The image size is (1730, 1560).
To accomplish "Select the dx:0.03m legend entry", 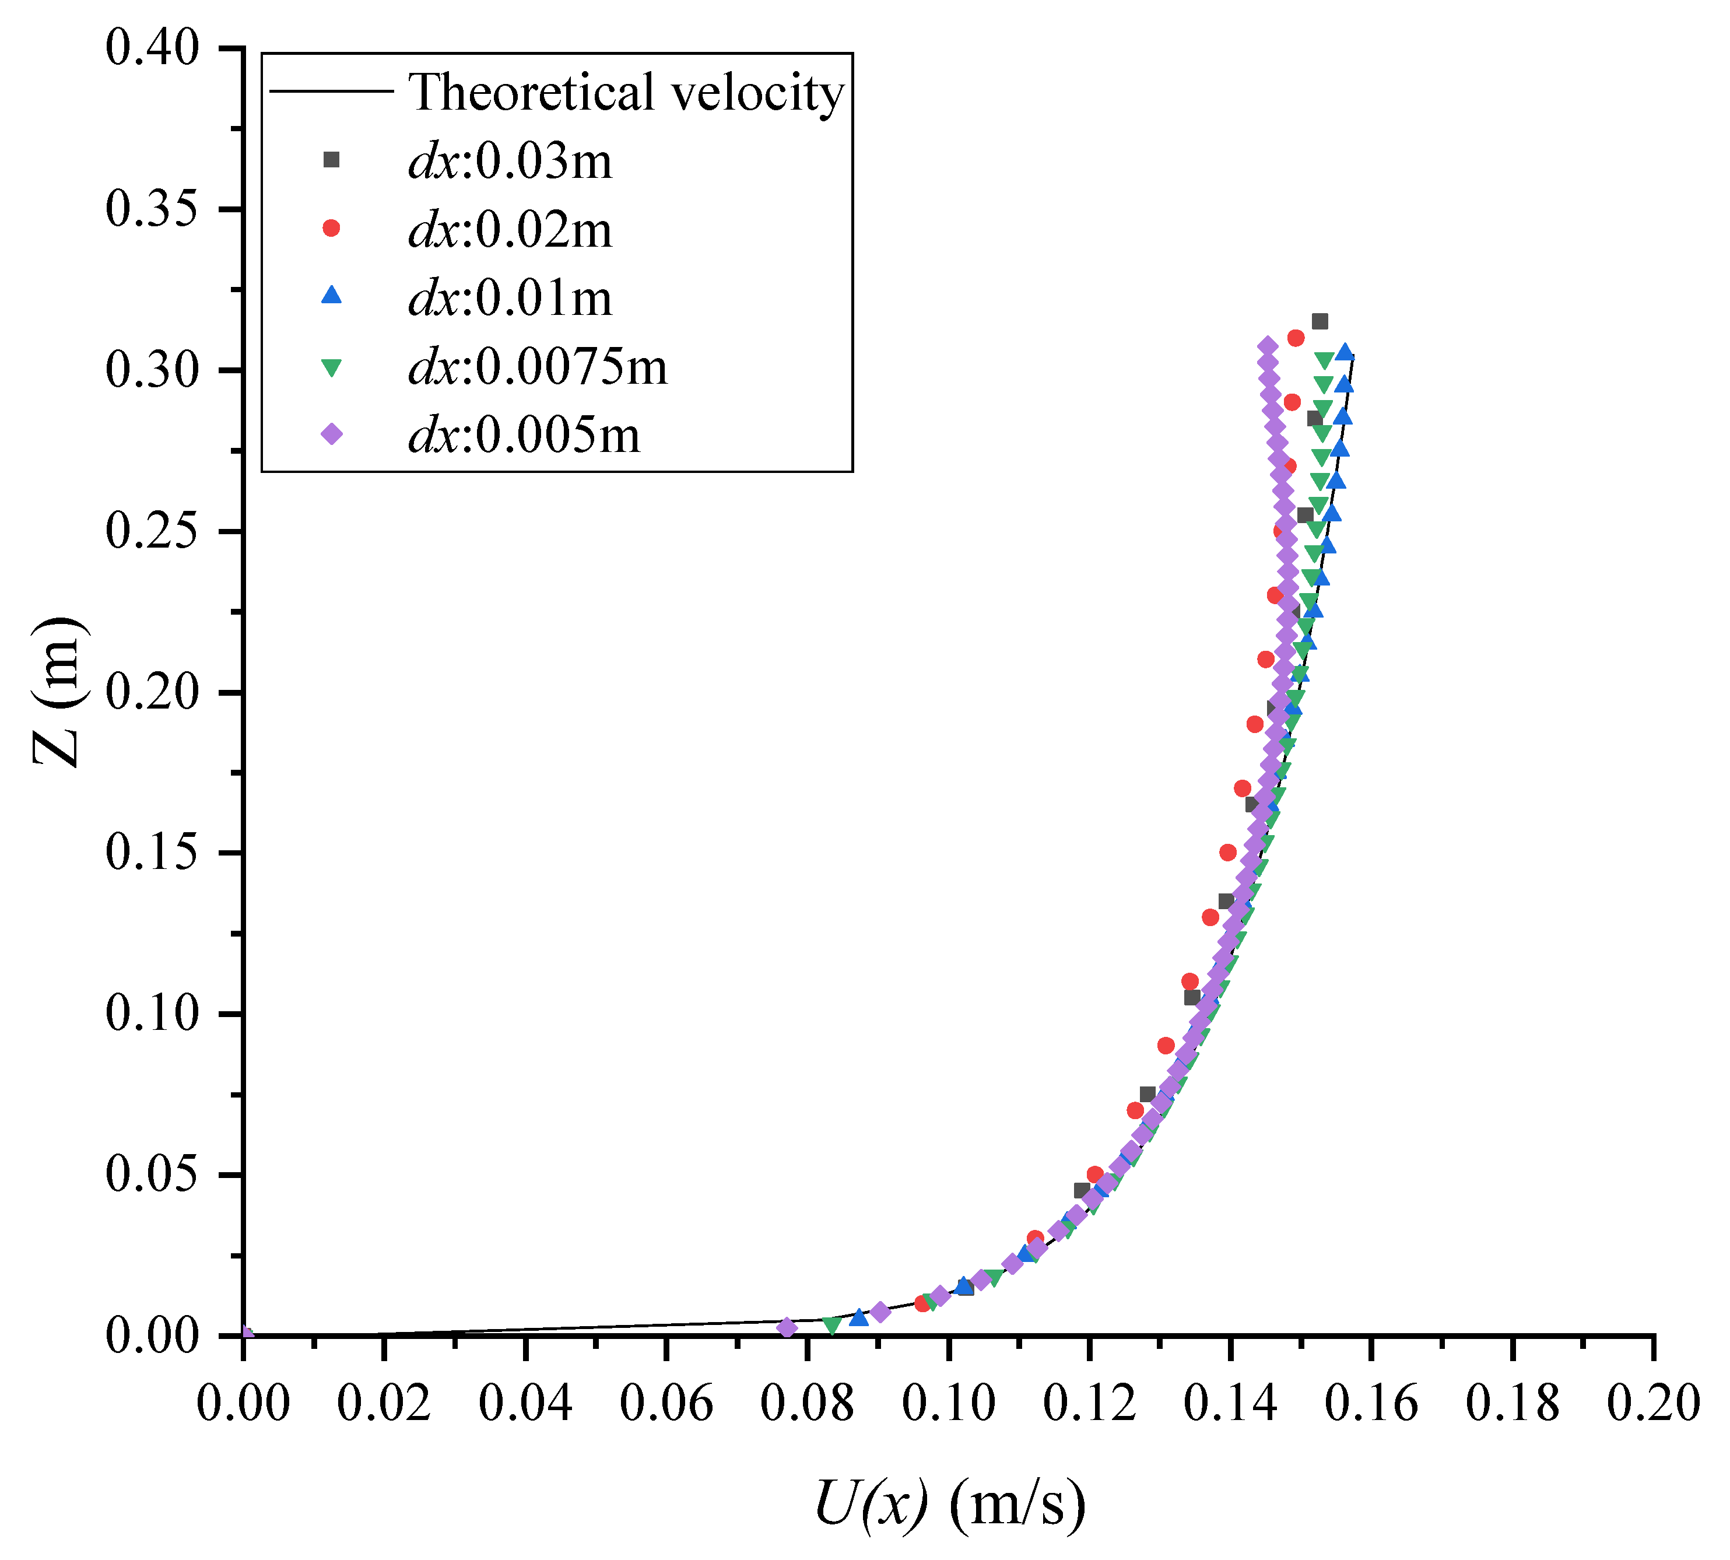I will pyautogui.click(x=510, y=160).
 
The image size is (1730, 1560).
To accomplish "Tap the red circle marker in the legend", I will pyautogui.click(x=331, y=228).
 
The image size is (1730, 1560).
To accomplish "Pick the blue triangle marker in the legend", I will pyautogui.click(x=331, y=296).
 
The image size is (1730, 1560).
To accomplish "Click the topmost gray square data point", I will pyautogui.click(x=1320, y=321).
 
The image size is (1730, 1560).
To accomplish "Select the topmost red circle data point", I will pyautogui.click(x=1296, y=339).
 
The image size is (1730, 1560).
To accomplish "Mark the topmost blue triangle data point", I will pyautogui.click(x=1345, y=352).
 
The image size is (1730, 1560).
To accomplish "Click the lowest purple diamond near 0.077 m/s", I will pyautogui.click(x=787, y=1328).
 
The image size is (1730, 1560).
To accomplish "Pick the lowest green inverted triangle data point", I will pyautogui.click(x=831, y=1325).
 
